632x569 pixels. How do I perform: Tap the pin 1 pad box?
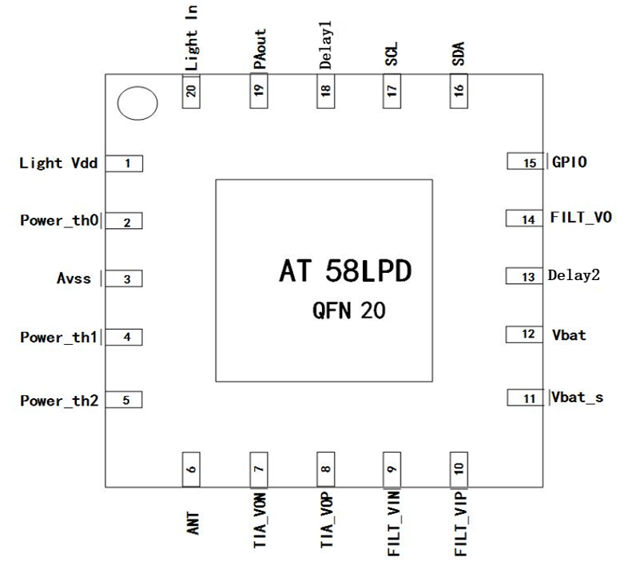(x=125, y=164)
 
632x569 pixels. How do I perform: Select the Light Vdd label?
(x=58, y=164)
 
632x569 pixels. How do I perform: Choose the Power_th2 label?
(x=59, y=401)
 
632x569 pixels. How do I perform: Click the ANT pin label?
(x=192, y=523)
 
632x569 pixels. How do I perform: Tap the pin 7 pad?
(x=257, y=468)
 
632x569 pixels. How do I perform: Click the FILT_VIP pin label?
(x=459, y=528)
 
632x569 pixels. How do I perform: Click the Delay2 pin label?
(x=574, y=276)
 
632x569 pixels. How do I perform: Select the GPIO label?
(x=570, y=162)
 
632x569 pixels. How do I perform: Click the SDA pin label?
(x=459, y=57)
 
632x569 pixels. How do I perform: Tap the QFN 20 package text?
(x=349, y=311)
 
